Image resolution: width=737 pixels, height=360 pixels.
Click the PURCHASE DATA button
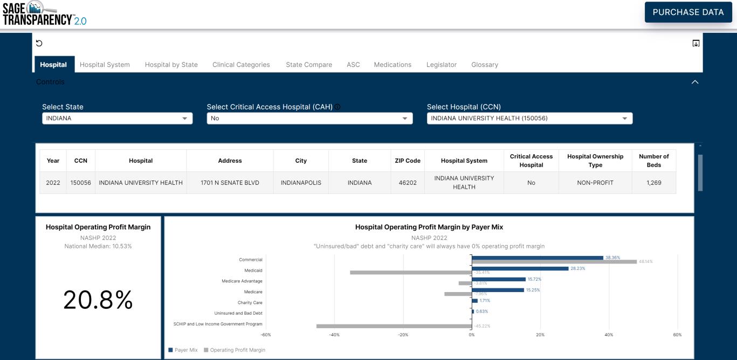click(x=688, y=12)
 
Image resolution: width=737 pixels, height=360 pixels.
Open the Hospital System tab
click(x=105, y=65)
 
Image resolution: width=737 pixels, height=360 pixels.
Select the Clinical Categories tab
click(x=241, y=65)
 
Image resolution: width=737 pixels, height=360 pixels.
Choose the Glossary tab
click(x=484, y=65)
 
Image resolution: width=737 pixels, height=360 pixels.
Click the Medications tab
click(x=392, y=65)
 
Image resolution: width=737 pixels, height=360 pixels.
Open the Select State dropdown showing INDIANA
click(x=117, y=119)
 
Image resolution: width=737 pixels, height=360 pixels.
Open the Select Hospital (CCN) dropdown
click(x=529, y=119)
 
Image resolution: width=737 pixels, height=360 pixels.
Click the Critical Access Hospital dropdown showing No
click(x=309, y=119)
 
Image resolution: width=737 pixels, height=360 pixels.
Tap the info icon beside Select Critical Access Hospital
click(x=337, y=107)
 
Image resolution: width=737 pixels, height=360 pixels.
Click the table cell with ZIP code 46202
click(x=407, y=183)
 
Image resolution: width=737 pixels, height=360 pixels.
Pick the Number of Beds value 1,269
click(x=653, y=183)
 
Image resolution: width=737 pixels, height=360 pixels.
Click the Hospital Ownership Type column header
click(x=595, y=161)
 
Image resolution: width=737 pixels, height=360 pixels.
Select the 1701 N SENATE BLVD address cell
click(x=230, y=183)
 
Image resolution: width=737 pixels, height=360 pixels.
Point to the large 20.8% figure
click(x=98, y=300)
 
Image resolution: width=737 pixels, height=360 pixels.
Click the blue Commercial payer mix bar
click(x=537, y=258)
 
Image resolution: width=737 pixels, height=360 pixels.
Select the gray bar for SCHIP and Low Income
click(x=394, y=326)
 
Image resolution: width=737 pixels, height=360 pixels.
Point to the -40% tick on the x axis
click(x=334, y=335)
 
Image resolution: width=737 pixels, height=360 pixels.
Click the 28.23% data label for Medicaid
click(x=578, y=268)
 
